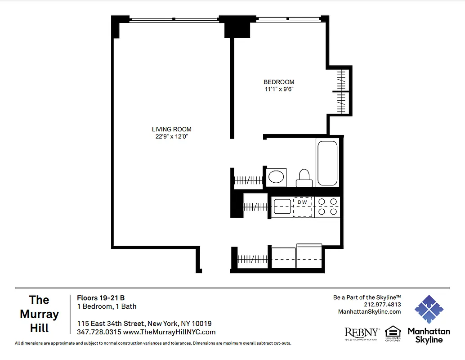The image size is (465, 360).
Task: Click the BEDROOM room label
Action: point(279,82)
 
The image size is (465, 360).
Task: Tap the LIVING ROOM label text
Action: point(169,130)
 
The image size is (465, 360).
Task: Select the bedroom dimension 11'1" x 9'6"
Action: point(279,89)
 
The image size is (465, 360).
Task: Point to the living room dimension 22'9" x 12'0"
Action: point(169,137)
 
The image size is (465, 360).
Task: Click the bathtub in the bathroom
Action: point(327,163)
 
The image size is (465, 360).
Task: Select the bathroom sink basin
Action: point(277,177)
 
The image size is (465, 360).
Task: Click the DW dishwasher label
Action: point(302,202)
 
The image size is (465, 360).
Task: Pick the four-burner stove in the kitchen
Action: point(327,207)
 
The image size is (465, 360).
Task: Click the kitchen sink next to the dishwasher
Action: point(282,207)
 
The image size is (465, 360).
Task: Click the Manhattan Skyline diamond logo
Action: point(429,310)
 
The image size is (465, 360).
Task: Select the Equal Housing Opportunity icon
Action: point(393,333)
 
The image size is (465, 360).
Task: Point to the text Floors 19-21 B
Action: point(101,297)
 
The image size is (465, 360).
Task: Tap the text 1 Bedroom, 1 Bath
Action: point(107,306)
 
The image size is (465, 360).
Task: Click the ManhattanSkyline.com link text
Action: point(369,311)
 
